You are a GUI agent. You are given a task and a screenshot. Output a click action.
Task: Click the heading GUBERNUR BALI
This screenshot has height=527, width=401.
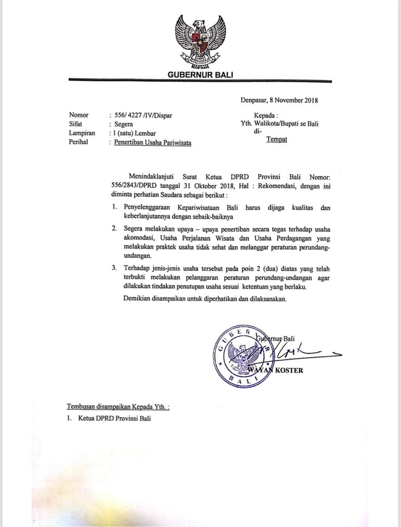click(x=200, y=75)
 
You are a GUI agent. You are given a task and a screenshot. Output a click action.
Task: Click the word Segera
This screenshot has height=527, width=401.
click(x=124, y=124)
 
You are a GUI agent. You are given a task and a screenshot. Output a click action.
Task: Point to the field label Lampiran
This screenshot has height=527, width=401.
click(x=82, y=133)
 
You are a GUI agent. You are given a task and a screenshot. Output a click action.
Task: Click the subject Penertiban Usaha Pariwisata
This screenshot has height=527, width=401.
click(x=153, y=142)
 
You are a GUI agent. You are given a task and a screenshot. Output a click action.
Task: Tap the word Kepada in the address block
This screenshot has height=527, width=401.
click(x=265, y=115)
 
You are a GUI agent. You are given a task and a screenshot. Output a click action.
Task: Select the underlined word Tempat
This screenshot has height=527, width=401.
click(x=277, y=139)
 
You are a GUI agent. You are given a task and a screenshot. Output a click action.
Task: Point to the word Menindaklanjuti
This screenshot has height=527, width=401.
click(x=154, y=177)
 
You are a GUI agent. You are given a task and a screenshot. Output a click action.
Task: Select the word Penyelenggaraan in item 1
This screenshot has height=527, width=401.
click(x=148, y=208)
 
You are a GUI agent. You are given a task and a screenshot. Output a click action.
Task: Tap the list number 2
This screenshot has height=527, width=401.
click(x=114, y=229)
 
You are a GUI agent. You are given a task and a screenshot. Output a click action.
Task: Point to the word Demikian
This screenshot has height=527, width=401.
click(x=136, y=299)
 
